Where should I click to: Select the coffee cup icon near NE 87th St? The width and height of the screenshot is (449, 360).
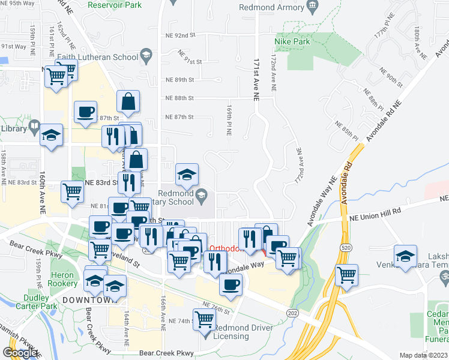tap(85, 112)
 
